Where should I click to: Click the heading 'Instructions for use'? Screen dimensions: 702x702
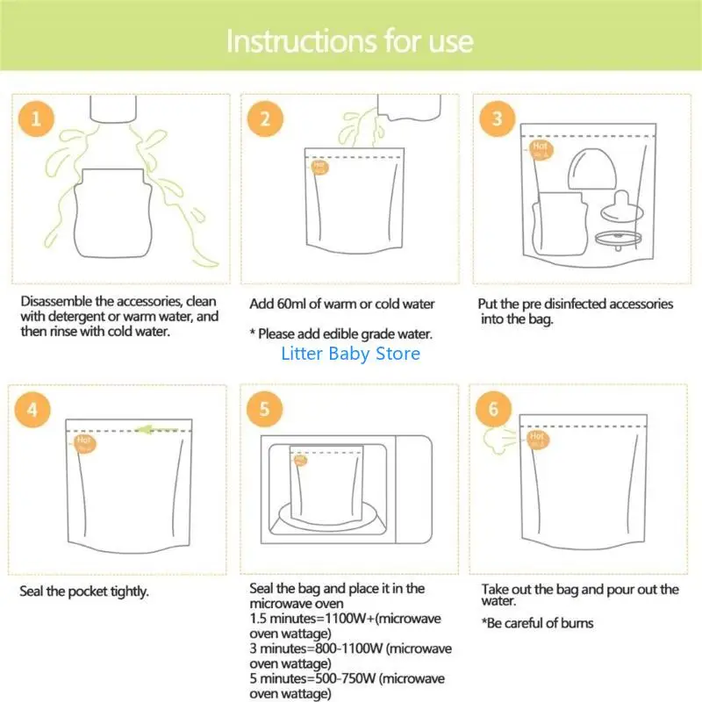pos(350,41)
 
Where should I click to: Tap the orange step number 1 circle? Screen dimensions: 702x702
pos(35,119)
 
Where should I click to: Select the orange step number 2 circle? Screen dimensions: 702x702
pos(265,119)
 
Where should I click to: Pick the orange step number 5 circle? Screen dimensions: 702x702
pos(265,409)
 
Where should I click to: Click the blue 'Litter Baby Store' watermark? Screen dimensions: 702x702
pos(350,354)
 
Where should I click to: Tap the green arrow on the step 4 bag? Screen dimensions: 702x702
pos(156,430)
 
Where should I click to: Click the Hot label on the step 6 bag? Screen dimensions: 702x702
pos(535,439)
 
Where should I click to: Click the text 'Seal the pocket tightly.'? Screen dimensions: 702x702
pos(84,591)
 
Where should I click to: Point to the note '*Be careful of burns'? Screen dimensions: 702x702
pos(537,623)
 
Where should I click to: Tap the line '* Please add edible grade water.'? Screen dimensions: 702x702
pos(340,334)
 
